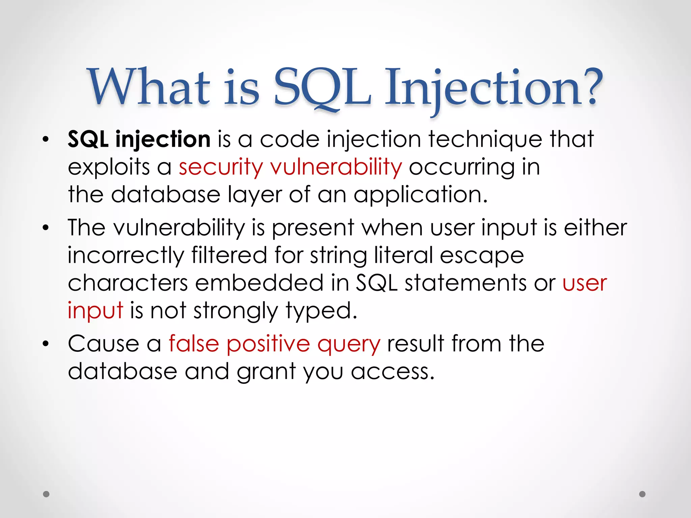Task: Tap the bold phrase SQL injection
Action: pos(139,139)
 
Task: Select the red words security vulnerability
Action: pos(290,167)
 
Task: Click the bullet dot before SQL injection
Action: pos(46,140)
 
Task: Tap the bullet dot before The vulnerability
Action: pos(46,228)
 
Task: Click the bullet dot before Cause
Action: pos(46,344)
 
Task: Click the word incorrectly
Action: pos(126,255)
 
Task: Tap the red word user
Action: pos(585,283)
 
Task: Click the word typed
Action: pos(321,311)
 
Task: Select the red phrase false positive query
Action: pos(274,344)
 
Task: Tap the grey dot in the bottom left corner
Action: pos(47,494)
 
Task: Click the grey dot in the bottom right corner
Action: pos(642,494)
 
